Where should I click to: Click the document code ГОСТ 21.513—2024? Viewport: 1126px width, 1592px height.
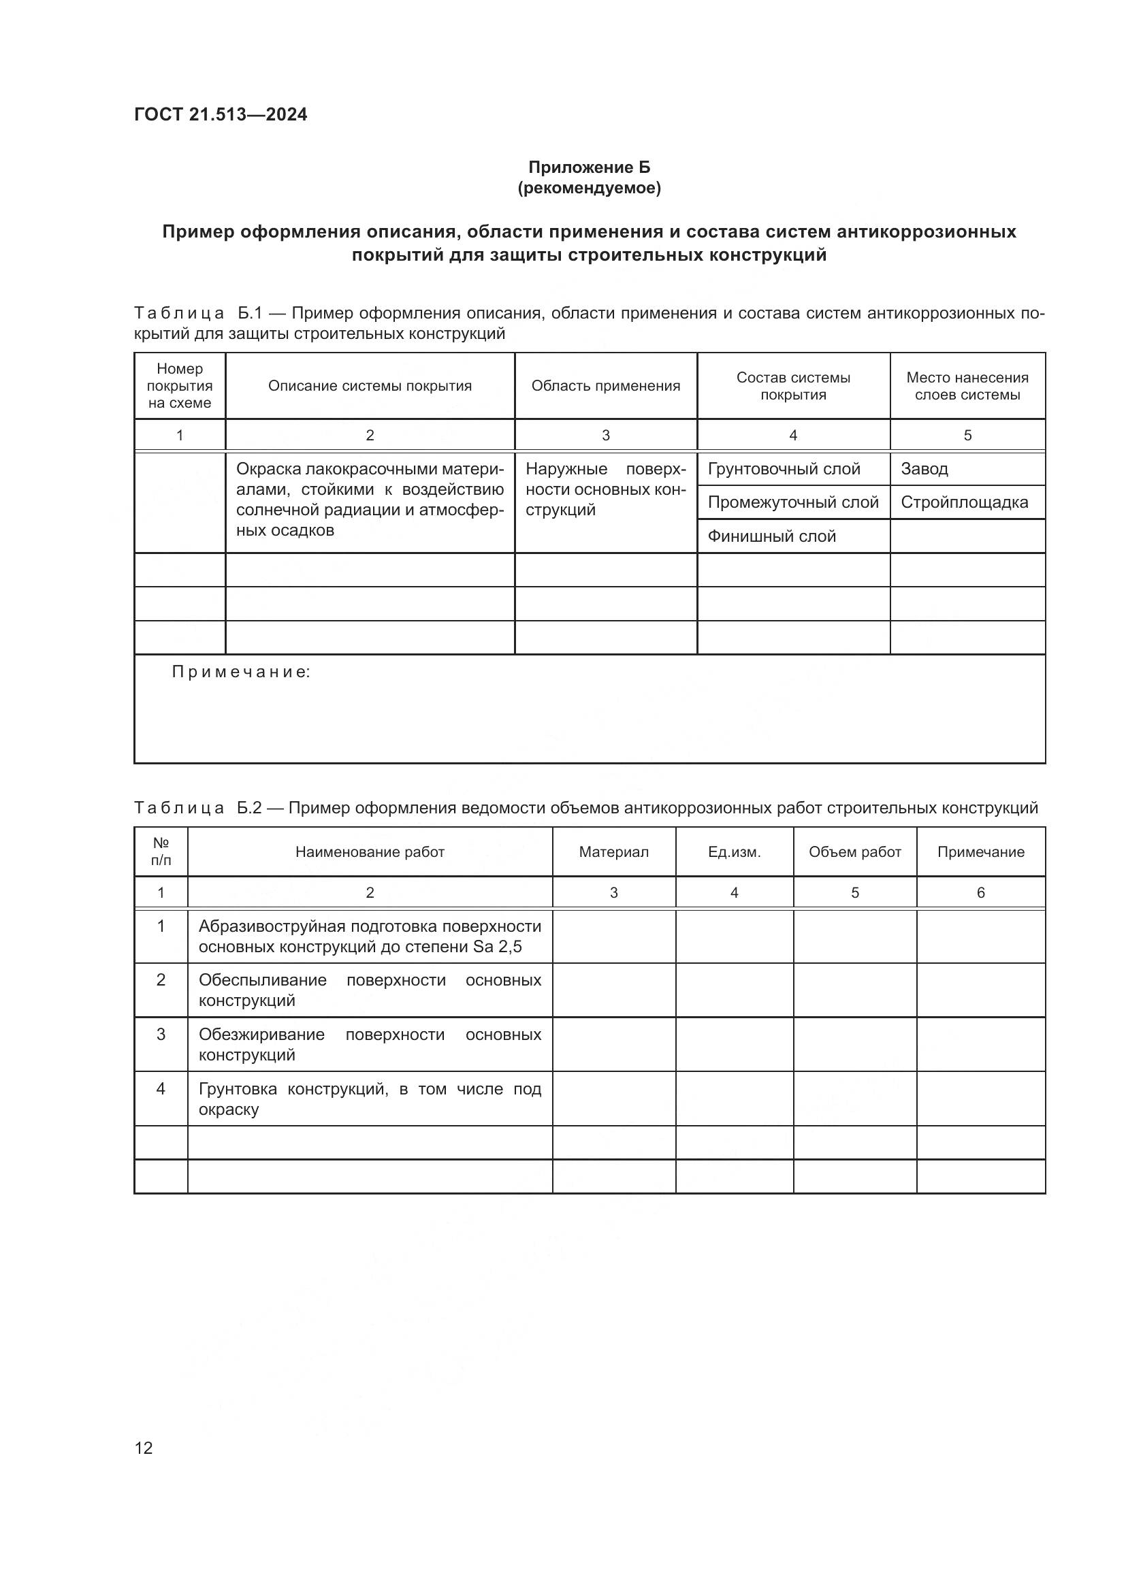pos(221,114)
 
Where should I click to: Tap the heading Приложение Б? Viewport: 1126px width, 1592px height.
pos(590,167)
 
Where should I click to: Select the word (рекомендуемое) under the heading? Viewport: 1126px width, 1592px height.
pos(590,188)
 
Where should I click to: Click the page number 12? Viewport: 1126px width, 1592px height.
pos(144,1448)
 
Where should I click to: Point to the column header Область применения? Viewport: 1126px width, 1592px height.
pos(605,386)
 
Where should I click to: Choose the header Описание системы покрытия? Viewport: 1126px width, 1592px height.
pos(370,386)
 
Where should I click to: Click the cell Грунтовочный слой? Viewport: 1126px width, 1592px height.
pos(784,469)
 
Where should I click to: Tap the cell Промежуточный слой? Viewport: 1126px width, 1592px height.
pos(792,502)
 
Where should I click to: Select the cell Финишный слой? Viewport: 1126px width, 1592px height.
pos(771,536)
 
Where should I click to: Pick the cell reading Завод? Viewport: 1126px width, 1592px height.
pos(924,469)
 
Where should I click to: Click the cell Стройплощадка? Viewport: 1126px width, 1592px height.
pos(964,502)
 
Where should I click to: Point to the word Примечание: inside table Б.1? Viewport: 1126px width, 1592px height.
pos(240,672)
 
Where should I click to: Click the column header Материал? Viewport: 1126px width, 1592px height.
pos(613,852)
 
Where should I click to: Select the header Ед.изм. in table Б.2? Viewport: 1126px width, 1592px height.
pos(735,852)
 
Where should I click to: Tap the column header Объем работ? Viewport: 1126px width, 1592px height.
pos(854,852)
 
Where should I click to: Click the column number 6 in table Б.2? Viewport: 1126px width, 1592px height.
pos(980,893)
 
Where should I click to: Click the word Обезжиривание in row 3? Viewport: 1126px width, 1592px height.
pos(261,1035)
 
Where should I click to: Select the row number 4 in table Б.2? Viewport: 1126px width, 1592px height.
pos(161,1088)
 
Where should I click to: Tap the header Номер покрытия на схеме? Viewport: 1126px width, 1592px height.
pos(180,386)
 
